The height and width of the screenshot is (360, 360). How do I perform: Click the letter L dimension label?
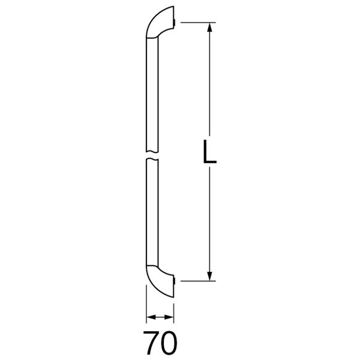pyautogui.click(x=209, y=152)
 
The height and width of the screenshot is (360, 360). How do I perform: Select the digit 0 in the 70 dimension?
pyautogui.click(x=169, y=343)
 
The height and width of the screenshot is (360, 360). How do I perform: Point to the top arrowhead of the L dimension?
pyautogui.click(x=209, y=27)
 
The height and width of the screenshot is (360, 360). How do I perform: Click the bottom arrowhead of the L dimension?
pyautogui.click(x=209, y=276)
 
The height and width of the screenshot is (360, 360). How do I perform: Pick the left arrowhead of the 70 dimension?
pyautogui.click(x=151, y=317)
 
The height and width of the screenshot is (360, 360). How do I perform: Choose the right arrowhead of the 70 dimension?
pyautogui.click(x=169, y=317)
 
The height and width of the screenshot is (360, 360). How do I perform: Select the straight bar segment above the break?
pyautogui.click(x=152, y=95)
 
